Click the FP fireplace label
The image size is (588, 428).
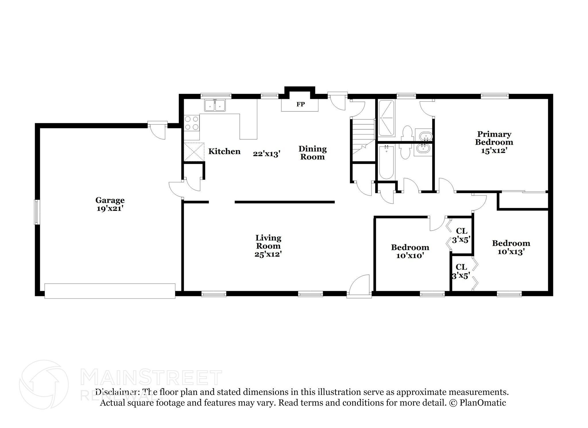pos(300,104)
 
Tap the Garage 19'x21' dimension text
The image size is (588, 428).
pos(110,208)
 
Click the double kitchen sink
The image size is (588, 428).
pos(215,105)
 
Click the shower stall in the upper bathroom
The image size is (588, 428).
pos(386,118)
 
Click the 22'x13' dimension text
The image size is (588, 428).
pos(266,154)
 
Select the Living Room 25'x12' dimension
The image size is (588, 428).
pos(268,254)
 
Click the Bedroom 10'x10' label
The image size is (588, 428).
pos(410,251)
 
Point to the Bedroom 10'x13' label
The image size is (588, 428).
pos(511,247)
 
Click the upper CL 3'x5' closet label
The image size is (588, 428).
pos(461,235)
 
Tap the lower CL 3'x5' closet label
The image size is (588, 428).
pos(461,271)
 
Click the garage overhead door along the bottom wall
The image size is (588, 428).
pos(110,291)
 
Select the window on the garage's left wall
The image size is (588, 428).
pos(36,212)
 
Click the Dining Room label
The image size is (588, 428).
pos(312,153)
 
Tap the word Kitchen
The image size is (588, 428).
pos(224,151)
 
